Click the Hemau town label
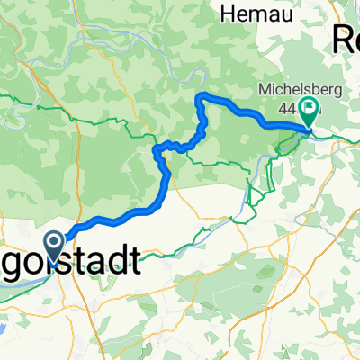(253, 13)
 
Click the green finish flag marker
(310, 112)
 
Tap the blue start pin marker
(54, 246)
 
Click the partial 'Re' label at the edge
(346, 38)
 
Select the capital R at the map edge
(342, 38)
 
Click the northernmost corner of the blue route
(202, 95)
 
